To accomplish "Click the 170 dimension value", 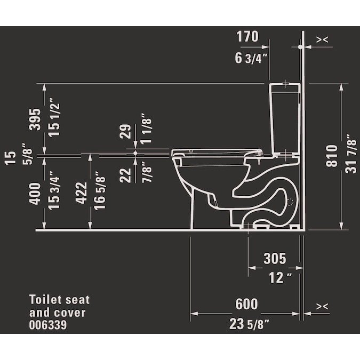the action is [247, 36].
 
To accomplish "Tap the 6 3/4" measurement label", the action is [251, 58].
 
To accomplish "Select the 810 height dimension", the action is [332, 156].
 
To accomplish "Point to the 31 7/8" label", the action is [351, 154].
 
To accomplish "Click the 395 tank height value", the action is [35, 119].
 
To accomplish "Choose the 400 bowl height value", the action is [35, 194].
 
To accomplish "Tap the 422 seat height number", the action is [81, 193].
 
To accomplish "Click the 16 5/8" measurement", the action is [100, 190].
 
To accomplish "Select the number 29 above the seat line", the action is [125, 131].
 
